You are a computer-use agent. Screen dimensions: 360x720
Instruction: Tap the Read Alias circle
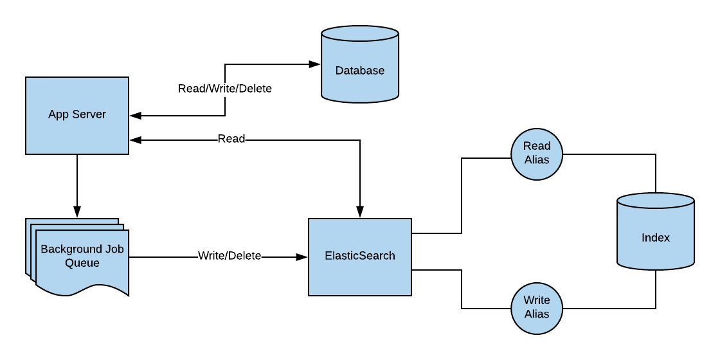pos(537,154)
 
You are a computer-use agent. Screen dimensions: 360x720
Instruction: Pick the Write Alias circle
pos(537,308)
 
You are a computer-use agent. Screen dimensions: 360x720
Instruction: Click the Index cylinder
pos(656,248)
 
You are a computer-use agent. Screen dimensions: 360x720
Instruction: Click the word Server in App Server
pos(91,114)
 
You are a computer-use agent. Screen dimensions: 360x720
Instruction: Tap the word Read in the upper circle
pos(537,146)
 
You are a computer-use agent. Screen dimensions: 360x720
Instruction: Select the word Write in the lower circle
pos(537,300)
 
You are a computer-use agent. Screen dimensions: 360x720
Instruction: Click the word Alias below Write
pos(537,314)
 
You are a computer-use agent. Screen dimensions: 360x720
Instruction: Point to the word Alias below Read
pos(537,160)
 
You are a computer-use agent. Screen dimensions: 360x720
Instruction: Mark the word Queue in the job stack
pos(82,263)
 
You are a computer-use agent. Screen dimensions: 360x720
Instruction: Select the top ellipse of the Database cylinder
pos(360,34)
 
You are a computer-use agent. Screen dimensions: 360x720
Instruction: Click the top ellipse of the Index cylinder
pos(656,201)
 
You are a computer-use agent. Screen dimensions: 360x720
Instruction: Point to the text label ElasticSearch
pos(360,256)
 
